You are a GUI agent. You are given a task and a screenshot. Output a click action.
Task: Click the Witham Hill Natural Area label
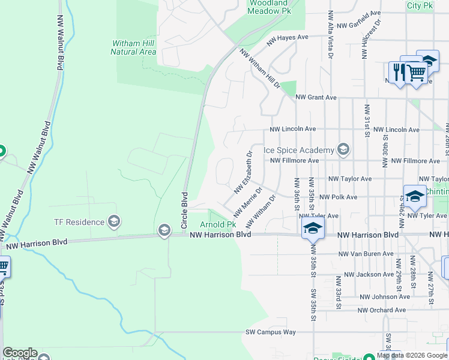pos(133,47)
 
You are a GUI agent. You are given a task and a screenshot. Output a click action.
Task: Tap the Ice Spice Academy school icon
pos(343,149)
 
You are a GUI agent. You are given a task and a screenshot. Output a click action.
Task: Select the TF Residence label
pos(79,222)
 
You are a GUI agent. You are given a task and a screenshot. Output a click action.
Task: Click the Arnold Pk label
pos(217,224)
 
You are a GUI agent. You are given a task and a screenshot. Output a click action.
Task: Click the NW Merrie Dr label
pos(248,203)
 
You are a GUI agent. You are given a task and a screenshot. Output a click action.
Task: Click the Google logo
pos(20,353)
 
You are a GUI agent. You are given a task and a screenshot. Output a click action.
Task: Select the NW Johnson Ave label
pos(385,297)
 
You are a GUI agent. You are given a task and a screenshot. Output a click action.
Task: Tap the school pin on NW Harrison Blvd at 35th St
pos(313,228)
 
